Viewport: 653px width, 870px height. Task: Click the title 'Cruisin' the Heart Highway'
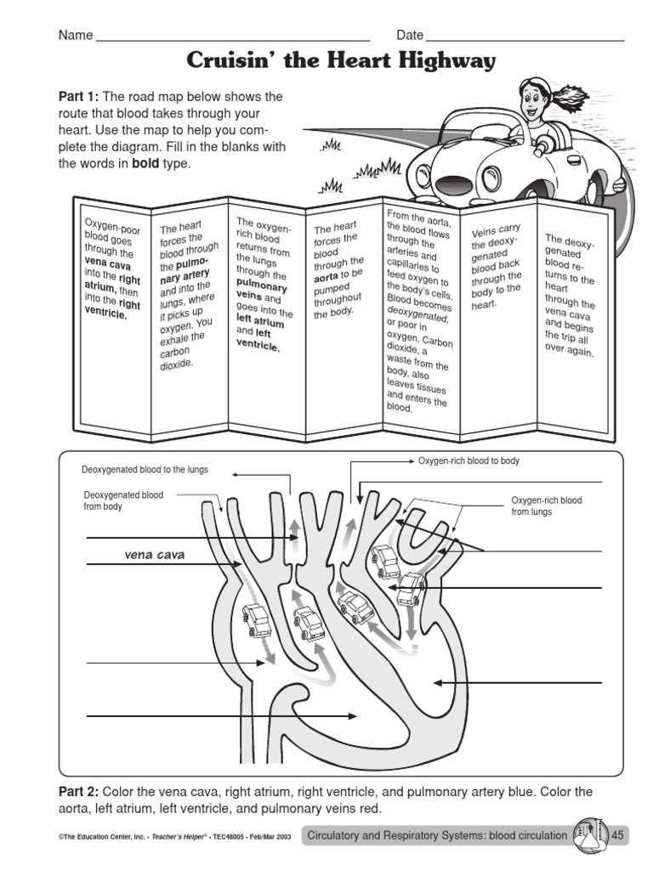coord(340,61)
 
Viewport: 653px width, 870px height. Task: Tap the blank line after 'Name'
coord(234,38)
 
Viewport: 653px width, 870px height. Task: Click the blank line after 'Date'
coord(525,38)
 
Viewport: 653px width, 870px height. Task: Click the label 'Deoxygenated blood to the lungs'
coord(145,469)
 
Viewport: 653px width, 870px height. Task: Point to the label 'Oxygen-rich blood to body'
coord(468,460)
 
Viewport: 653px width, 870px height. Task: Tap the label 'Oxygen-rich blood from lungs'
coord(546,506)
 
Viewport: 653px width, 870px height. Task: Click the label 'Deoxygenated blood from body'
coord(123,500)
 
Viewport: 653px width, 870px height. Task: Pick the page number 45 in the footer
coord(617,836)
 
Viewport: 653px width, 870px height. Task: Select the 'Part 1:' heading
coord(78,96)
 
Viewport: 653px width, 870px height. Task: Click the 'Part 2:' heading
coord(78,792)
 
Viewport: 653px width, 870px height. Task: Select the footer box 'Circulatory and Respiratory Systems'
coord(436,836)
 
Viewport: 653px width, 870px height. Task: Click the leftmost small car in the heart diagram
coord(257,620)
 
